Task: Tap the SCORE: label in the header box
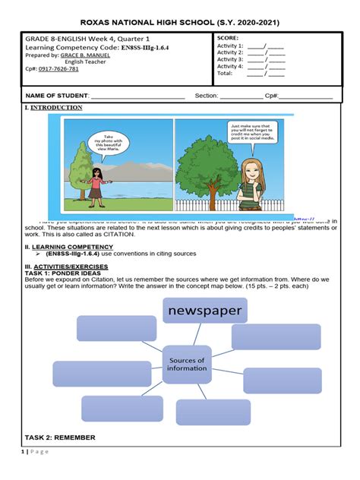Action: [x=228, y=37]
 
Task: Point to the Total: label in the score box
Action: [x=226, y=74]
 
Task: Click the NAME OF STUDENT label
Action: [x=57, y=96]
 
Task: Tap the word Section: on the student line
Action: [x=207, y=96]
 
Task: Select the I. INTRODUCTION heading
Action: [x=55, y=108]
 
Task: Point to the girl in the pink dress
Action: [x=98, y=186]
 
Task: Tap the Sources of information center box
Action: [x=187, y=365]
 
